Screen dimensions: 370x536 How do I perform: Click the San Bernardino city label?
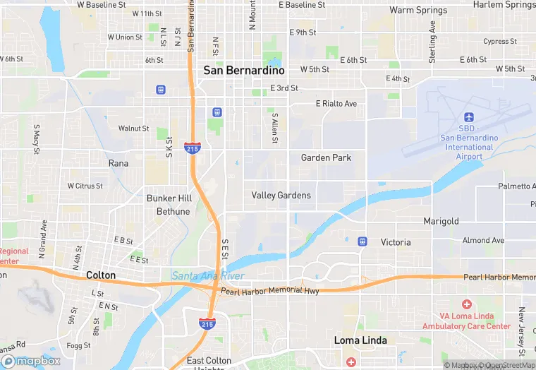[244, 71]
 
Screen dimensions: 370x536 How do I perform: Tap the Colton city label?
[100, 275]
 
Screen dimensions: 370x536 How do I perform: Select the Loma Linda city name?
[360, 340]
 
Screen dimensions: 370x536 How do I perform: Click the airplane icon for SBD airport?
[468, 117]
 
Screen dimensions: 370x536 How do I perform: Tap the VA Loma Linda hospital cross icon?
[467, 304]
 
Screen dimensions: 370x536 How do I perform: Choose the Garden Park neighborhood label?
[326, 157]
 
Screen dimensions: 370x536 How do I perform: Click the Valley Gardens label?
[281, 196]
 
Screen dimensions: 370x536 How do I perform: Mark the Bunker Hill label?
[169, 198]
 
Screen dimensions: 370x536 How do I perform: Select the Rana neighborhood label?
[118, 163]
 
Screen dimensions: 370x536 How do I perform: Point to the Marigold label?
[441, 221]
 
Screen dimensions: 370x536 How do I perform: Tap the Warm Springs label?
[418, 11]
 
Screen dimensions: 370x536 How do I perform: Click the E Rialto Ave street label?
[336, 104]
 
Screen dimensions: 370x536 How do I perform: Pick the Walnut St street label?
[133, 129]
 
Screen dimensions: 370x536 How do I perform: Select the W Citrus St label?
[85, 186]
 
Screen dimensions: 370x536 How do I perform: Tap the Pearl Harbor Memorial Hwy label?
[269, 291]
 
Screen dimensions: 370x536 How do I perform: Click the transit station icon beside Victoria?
[363, 241]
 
